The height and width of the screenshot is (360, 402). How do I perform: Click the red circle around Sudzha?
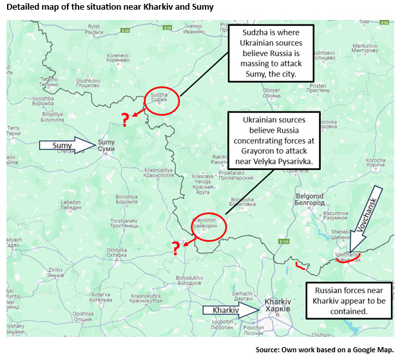pos(161,100)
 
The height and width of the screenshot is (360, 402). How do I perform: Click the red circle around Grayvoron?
pos(210,225)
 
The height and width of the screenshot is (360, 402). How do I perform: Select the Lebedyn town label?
pos(71,204)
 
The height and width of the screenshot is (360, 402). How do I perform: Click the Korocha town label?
pos(376,163)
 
